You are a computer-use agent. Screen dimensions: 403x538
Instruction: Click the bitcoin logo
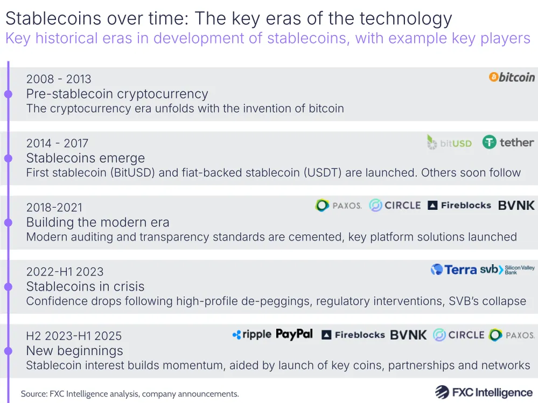click(x=512, y=77)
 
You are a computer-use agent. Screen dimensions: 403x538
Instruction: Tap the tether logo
click(x=508, y=143)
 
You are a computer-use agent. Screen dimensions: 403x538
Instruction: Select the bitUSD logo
click(x=449, y=143)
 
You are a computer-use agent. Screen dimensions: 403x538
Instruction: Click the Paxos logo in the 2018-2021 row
click(x=339, y=206)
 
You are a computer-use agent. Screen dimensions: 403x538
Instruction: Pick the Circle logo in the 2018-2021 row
click(x=395, y=206)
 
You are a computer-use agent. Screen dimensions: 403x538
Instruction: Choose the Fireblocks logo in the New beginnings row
click(x=353, y=335)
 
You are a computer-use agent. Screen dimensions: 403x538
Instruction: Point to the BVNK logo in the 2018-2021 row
click(x=516, y=206)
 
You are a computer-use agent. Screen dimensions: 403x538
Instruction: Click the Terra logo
click(x=453, y=270)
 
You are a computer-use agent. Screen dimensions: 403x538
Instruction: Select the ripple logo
click(x=251, y=335)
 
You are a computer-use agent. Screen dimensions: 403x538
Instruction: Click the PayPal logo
click(x=294, y=334)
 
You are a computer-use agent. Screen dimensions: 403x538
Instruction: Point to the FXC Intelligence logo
click(x=484, y=392)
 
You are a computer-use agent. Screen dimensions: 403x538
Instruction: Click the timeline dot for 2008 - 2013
click(x=8, y=94)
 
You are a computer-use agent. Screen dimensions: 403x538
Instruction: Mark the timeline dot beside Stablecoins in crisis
click(x=8, y=287)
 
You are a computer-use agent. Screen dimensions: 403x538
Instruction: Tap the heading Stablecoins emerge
click(x=86, y=158)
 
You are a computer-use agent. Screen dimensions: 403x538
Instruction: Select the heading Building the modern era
click(x=97, y=222)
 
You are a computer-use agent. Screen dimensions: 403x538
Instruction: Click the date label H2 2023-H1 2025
click(x=74, y=336)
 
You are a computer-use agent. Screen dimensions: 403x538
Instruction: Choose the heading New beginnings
click(x=74, y=351)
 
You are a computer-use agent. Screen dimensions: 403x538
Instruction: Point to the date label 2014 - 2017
click(x=57, y=143)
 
